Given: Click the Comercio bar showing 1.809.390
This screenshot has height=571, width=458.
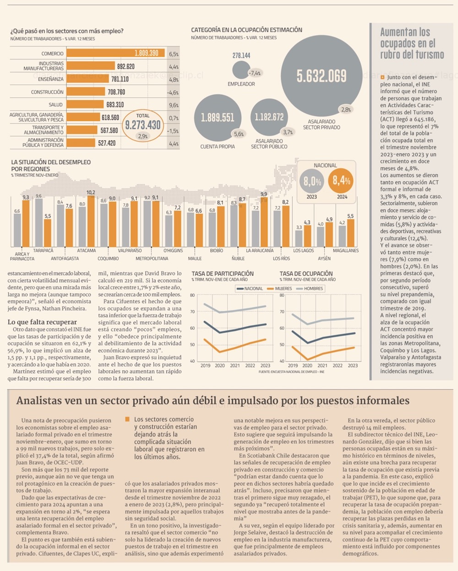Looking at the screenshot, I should click(115, 53).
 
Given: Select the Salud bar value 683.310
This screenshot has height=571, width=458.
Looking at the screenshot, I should click(115, 105).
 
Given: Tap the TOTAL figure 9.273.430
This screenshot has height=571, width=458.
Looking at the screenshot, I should click(143, 124).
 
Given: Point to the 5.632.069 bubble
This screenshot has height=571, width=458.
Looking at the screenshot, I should click(322, 76).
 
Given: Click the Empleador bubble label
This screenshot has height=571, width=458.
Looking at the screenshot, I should click(241, 84).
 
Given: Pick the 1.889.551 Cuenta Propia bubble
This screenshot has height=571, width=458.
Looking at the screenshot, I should click(218, 117).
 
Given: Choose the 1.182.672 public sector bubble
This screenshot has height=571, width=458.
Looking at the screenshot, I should click(269, 117).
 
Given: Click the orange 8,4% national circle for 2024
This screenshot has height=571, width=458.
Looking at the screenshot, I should click(342, 181).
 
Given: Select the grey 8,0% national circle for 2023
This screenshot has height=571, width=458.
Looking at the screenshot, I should click(312, 181).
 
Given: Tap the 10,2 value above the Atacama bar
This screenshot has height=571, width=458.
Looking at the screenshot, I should click(91, 193).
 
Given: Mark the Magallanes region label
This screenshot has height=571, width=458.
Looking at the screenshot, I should click(346, 251).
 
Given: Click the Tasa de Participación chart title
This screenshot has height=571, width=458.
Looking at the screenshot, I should click(223, 274).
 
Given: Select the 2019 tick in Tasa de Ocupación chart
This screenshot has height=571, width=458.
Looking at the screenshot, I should click(293, 366).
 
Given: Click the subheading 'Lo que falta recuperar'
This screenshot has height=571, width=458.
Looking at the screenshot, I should click(42, 322).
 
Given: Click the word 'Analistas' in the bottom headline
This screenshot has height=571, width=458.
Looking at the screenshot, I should click(39, 401).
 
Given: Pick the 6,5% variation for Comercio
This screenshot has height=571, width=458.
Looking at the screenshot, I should click(174, 54).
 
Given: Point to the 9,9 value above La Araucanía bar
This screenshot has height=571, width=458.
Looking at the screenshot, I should click(264, 194).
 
